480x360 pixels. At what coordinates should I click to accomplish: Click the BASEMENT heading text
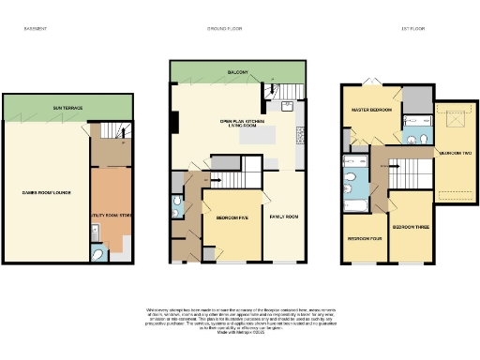pyautogui.click(x=36, y=29)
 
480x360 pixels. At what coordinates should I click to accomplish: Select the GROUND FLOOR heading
pyautogui.click(x=225, y=29)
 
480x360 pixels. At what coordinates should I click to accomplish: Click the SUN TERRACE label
pyautogui.click(x=67, y=109)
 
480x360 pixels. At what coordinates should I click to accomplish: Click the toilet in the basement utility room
pyautogui.click(x=99, y=253)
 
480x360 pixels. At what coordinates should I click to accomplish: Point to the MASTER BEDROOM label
pyautogui.click(x=370, y=110)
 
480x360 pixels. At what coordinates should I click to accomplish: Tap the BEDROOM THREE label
pyautogui.click(x=410, y=227)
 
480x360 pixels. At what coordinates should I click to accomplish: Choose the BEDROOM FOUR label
pyautogui.click(x=364, y=239)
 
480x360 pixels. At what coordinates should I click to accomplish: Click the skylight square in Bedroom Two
pyautogui.click(x=456, y=118)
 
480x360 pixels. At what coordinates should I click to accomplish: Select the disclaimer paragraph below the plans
pyautogui.click(x=239, y=319)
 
